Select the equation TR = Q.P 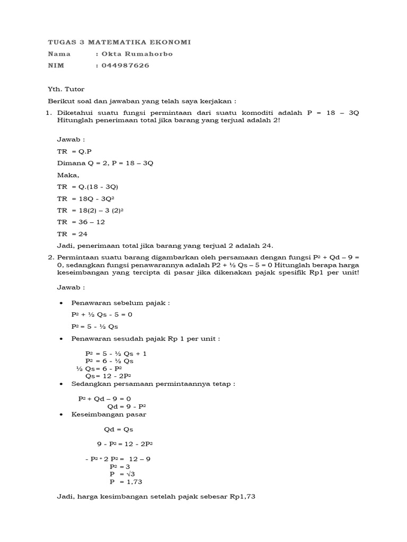click(x=74, y=151)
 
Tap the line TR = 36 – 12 click(x=81, y=222)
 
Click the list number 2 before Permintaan click(x=51, y=257)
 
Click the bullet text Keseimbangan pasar click(x=109, y=414)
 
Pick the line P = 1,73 click(x=126, y=482)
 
